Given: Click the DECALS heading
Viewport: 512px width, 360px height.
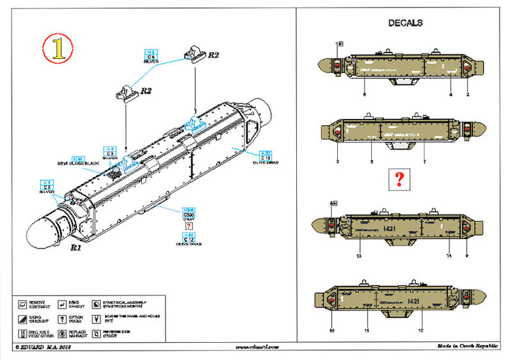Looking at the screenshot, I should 405,23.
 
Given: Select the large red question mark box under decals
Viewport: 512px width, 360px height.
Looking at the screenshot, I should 398,180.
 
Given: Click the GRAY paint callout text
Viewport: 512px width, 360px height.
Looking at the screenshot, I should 189,218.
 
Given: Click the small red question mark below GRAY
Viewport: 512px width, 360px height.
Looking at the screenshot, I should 189,227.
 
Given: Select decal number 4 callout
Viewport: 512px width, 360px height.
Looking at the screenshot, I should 451,95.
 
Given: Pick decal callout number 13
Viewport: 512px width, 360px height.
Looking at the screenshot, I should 359,256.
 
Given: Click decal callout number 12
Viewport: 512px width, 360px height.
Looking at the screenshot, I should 420,331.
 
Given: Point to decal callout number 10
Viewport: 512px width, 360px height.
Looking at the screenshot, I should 332,331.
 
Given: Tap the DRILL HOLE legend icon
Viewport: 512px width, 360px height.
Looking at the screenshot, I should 22,333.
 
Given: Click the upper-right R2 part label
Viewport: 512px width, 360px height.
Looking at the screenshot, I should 213,55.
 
